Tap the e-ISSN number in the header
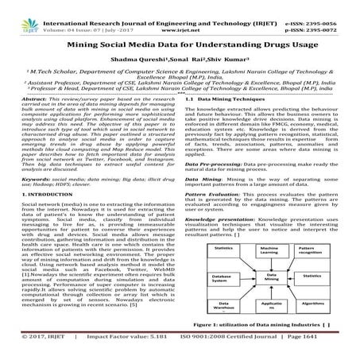click(325, 6)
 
